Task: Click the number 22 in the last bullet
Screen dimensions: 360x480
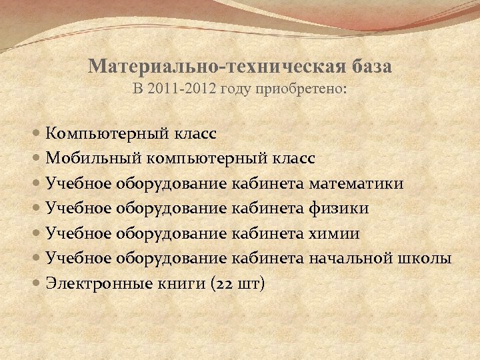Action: (225, 284)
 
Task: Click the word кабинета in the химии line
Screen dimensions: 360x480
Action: (266, 233)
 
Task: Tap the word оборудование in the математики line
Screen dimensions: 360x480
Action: (173, 183)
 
